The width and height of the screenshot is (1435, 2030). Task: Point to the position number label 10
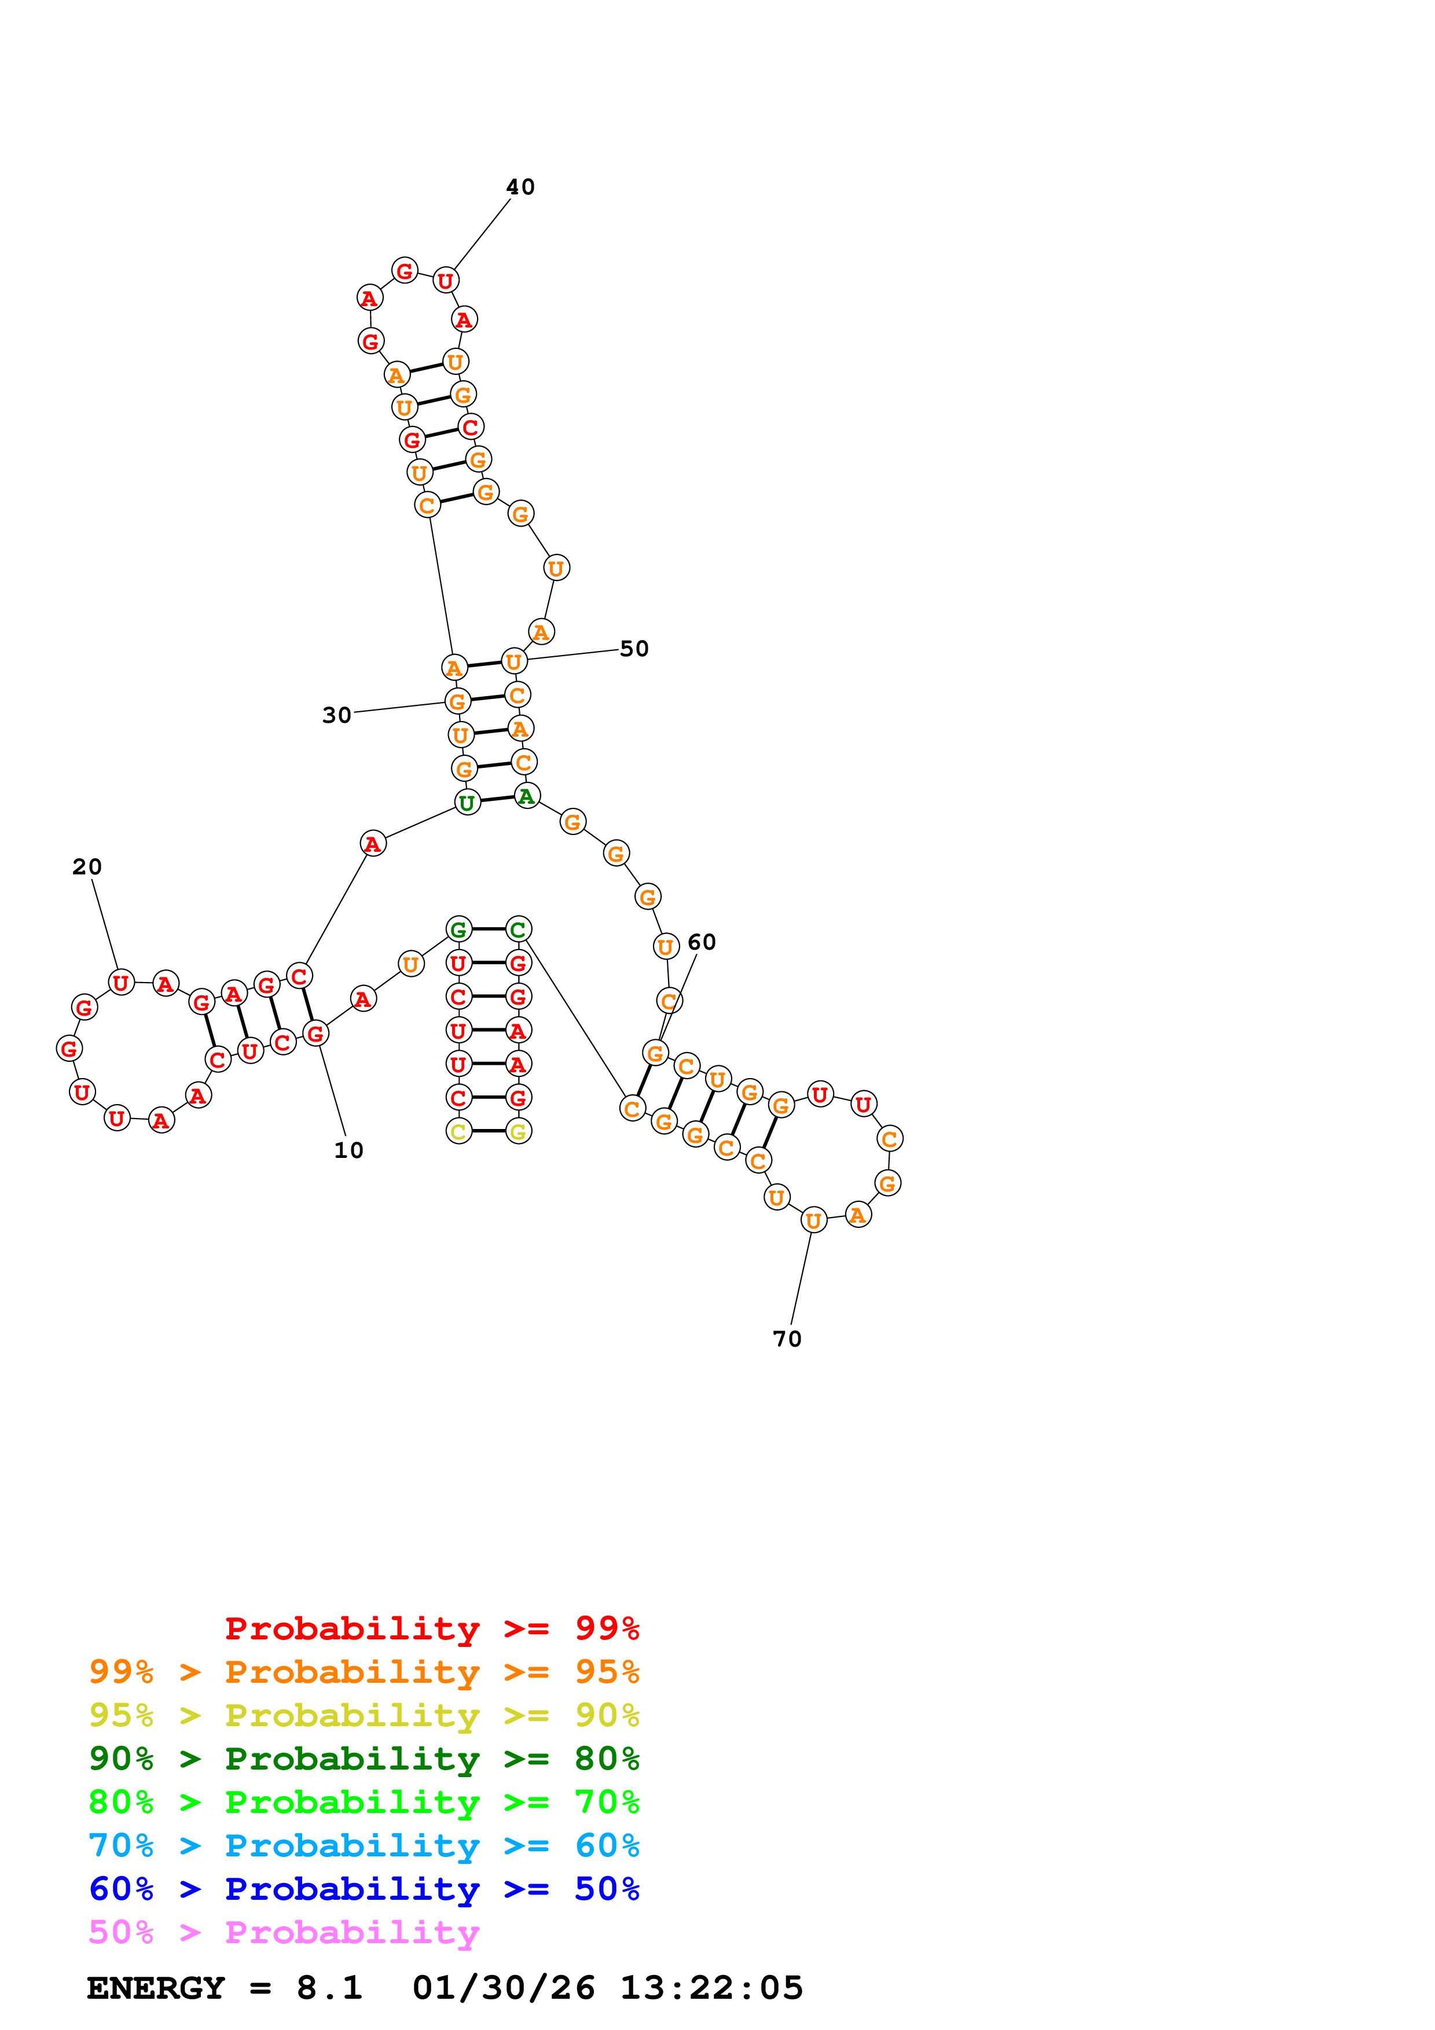pyautogui.click(x=348, y=1150)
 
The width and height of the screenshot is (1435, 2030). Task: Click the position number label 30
pyautogui.click(x=336, y=715)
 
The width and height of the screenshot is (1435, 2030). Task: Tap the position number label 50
pyautogui.click(x=634, y=648)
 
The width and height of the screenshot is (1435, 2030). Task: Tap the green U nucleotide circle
pyautogui.click(x=467, y=803)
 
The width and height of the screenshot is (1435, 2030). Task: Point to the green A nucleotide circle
pyautogui.click(x=527, y=797)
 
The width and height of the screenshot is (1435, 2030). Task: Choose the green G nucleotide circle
pyautogui.click(x=458, y=929)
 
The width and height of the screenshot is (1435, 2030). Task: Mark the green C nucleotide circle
pyautogui.click(x=518, y=929)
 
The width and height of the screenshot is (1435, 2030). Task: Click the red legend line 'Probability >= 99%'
pyautogui.click(x=431, y=1628)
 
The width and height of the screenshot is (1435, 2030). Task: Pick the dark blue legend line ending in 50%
pyautogui.click(x=364, y=1889)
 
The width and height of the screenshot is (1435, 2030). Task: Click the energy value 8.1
pyautogui.click(x=329, y=1988)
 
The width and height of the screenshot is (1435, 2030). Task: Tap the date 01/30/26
pyautogui.click(x=503, y=1988)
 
